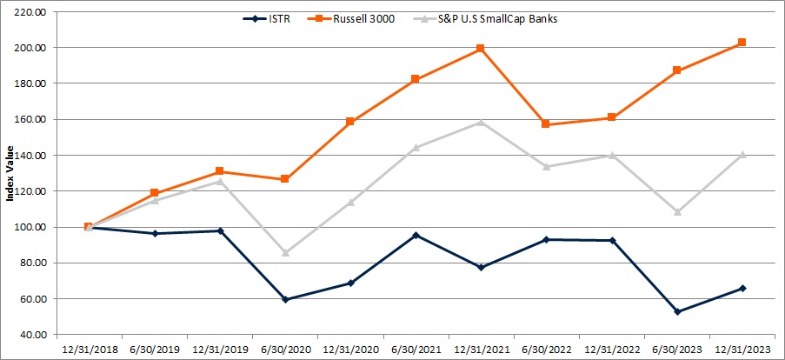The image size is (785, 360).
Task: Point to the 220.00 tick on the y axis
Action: (30, 12)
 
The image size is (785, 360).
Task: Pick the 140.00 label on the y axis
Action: (30, 156)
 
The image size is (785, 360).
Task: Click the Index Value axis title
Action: (10, 174)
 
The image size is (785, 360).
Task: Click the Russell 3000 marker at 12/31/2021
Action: (481, 49)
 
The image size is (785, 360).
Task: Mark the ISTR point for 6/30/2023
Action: (677, 311)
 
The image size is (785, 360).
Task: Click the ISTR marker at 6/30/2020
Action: (284, 299)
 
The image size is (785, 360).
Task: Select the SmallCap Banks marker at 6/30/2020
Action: (284, 252)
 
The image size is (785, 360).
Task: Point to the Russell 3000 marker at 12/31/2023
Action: (742, 43)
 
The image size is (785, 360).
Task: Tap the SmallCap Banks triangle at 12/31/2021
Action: (481, 122)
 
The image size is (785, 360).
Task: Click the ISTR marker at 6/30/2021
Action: (416, 235)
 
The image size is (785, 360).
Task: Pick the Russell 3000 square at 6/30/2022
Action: (546, 124)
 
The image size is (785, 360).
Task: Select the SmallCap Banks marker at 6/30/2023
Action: (677, 211)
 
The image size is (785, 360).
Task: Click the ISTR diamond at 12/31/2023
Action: (742, 288)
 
